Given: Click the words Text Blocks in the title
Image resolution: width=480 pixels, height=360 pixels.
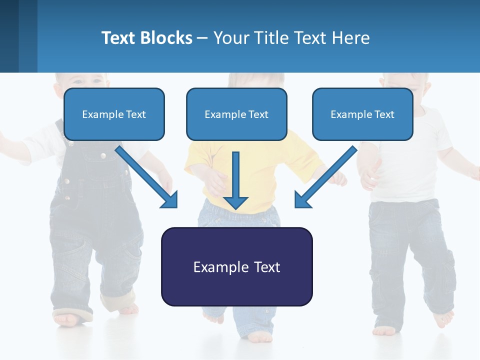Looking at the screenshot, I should [x=146, y=38].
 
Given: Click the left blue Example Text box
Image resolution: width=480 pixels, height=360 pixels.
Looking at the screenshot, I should [x=114, y=114].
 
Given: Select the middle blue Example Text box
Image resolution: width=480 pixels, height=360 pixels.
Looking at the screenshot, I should [x=236, y=114].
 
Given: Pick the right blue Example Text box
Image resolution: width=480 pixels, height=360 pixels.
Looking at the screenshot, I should [x=362, y=114].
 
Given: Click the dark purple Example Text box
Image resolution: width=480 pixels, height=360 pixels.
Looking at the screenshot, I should [x=236, y=266].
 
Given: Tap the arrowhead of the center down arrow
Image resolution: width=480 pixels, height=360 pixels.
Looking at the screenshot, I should [x=235, y=202].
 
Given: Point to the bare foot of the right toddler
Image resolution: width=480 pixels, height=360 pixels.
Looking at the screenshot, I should [x=442, y=317].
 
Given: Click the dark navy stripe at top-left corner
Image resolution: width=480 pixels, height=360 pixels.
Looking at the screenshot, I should [x=9, y=36].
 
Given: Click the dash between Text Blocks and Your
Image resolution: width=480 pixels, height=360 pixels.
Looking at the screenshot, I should [x=202, y=38].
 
